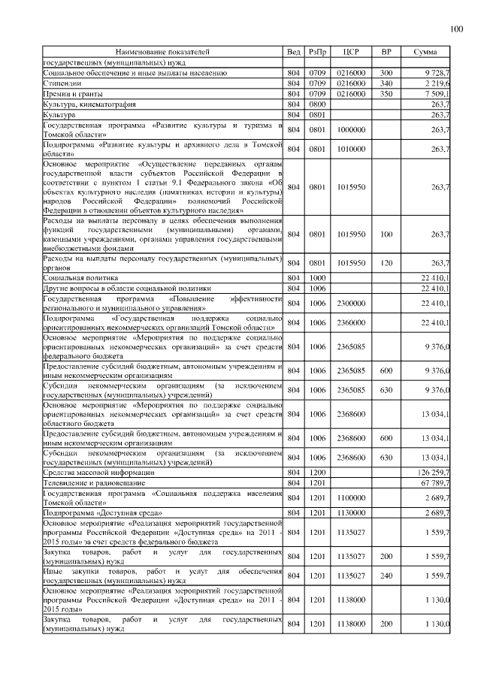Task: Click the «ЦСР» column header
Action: [349, 52]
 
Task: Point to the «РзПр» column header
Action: [317, 52]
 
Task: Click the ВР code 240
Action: [386, 576]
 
